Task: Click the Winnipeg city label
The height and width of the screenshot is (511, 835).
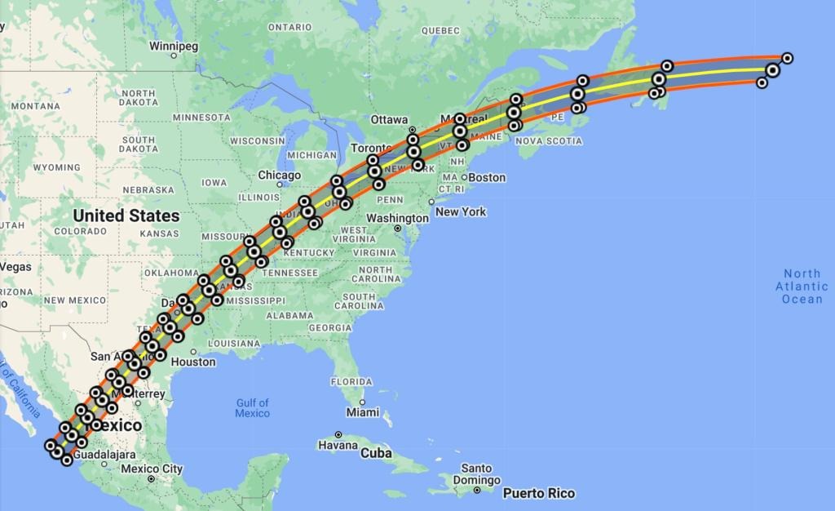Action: pos(174,47)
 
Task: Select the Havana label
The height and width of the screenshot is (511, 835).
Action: pos(337,446)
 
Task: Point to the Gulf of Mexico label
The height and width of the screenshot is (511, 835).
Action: pos(252,408)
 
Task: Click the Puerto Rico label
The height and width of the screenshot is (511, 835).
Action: pos(538,493)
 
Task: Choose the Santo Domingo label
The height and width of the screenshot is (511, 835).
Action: pos(476,474)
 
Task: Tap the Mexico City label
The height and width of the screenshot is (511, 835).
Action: pos(152,469)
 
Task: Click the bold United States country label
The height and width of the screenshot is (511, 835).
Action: pos(126,216)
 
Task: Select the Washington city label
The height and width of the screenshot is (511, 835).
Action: pos(398,218)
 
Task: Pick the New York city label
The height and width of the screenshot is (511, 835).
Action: pos(461,211)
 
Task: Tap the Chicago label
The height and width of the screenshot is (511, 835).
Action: pos(280,175)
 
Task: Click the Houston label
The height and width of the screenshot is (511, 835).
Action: pos(194,362)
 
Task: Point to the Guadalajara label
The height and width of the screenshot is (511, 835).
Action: pos(104,454)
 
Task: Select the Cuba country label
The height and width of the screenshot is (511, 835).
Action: pos(376,453)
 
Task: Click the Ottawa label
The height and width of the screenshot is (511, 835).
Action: pos(390,119)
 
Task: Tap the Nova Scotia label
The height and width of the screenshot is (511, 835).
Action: pos(550,141)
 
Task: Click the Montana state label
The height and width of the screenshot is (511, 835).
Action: pos(36,106)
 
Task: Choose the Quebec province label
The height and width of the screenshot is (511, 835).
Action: pos(441,30)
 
